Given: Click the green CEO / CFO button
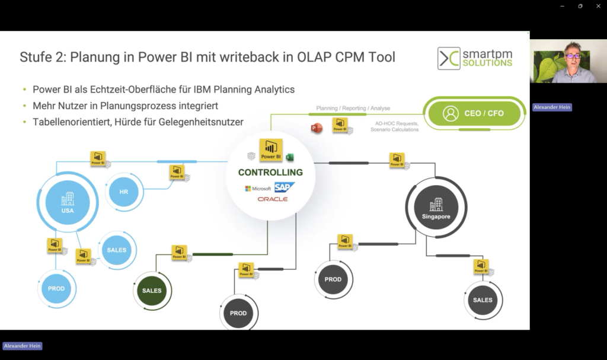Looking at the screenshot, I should pos(475,113).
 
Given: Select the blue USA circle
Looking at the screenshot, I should pos(67,202).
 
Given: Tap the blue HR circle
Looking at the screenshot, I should pos(123,192).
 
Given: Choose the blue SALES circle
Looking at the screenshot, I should pos(117,250).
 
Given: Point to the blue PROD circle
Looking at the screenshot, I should pos(56,289).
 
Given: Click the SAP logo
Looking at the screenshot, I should pos(284,187).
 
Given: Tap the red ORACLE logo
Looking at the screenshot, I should pos(273,199).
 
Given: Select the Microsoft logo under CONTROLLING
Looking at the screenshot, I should pos(258,189).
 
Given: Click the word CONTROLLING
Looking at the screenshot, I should pos(270,173).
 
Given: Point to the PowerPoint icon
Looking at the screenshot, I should pos(317,128).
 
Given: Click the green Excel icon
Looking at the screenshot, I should pos(290,157).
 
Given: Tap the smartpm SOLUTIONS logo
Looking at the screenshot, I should pos(475,58).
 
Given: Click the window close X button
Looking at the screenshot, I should pos(598,6).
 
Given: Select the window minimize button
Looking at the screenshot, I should pos(562,6).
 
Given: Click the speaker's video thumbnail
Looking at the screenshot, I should pos(568,61).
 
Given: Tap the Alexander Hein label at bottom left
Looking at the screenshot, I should pos(23,346).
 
